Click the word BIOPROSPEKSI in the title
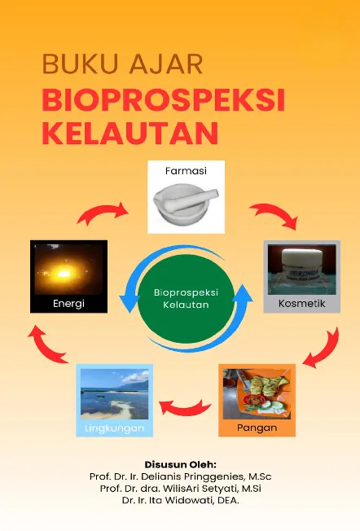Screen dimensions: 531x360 [163, 99]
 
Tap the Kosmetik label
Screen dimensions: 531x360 [301, 304]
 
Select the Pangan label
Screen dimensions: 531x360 [257, 427]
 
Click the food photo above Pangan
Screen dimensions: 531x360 [257, 393]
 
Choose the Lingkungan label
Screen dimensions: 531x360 [114, 428]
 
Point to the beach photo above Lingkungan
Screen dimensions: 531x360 [114, 394]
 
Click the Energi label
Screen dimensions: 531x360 [68, 304]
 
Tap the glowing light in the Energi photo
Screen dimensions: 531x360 [67, 270]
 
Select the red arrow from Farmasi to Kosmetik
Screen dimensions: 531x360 [273, 216]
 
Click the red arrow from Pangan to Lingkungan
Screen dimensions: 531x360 [183, 403]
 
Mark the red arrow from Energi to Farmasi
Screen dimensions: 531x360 [103, 213]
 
